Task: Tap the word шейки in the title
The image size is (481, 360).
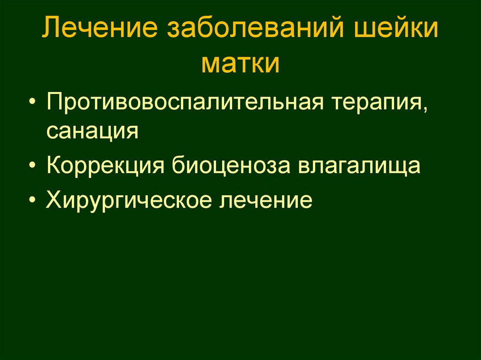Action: coord(403,31)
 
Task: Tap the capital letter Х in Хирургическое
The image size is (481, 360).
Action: coord(54,200)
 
